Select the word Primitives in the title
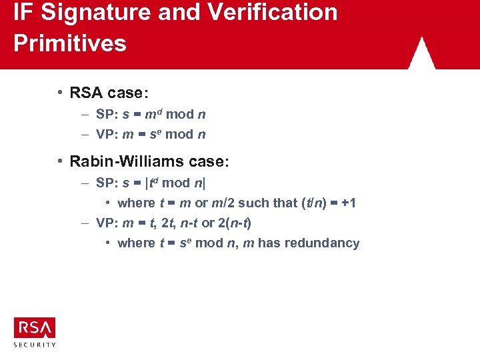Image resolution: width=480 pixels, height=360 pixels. (70, 43)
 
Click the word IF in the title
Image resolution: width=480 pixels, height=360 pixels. (23, 12)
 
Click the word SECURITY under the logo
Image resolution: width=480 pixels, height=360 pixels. (35, 345)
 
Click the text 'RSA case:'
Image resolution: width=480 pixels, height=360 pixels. (109, 93)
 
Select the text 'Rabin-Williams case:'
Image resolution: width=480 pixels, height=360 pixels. (149, 161)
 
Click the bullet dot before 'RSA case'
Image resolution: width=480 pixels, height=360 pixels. (60, 92)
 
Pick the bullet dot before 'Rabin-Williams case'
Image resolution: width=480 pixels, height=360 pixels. (60, 161)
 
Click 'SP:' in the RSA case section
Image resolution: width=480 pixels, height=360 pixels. (107, 114)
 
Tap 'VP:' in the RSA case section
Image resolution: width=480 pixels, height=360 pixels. (107, 134)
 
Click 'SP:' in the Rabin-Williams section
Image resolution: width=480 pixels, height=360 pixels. (107, 183)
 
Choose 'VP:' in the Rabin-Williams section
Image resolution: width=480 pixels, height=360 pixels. (107, 223)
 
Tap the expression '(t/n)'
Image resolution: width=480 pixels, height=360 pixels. (310, 203)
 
